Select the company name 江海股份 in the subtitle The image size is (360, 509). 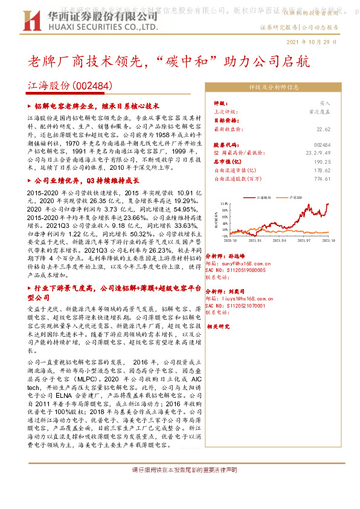pos(48,86)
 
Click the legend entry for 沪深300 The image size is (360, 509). pos(296,197)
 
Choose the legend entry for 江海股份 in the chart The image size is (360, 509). pos(263,197)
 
